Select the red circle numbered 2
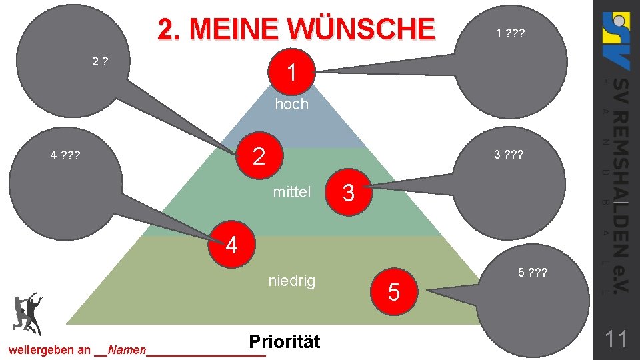point(259,156)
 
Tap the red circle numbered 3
point(348,193)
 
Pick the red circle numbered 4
point(231,245)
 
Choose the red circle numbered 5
point(393,291)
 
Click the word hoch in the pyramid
point(292,104)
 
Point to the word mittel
point(292,193)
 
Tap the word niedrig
point(291,281)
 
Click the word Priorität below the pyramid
point(284,341)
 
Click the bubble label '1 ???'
point(509,33)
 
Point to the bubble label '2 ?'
point(101,62)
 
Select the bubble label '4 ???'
point(65,156)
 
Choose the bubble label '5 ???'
point(533,272)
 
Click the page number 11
point(616,340)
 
